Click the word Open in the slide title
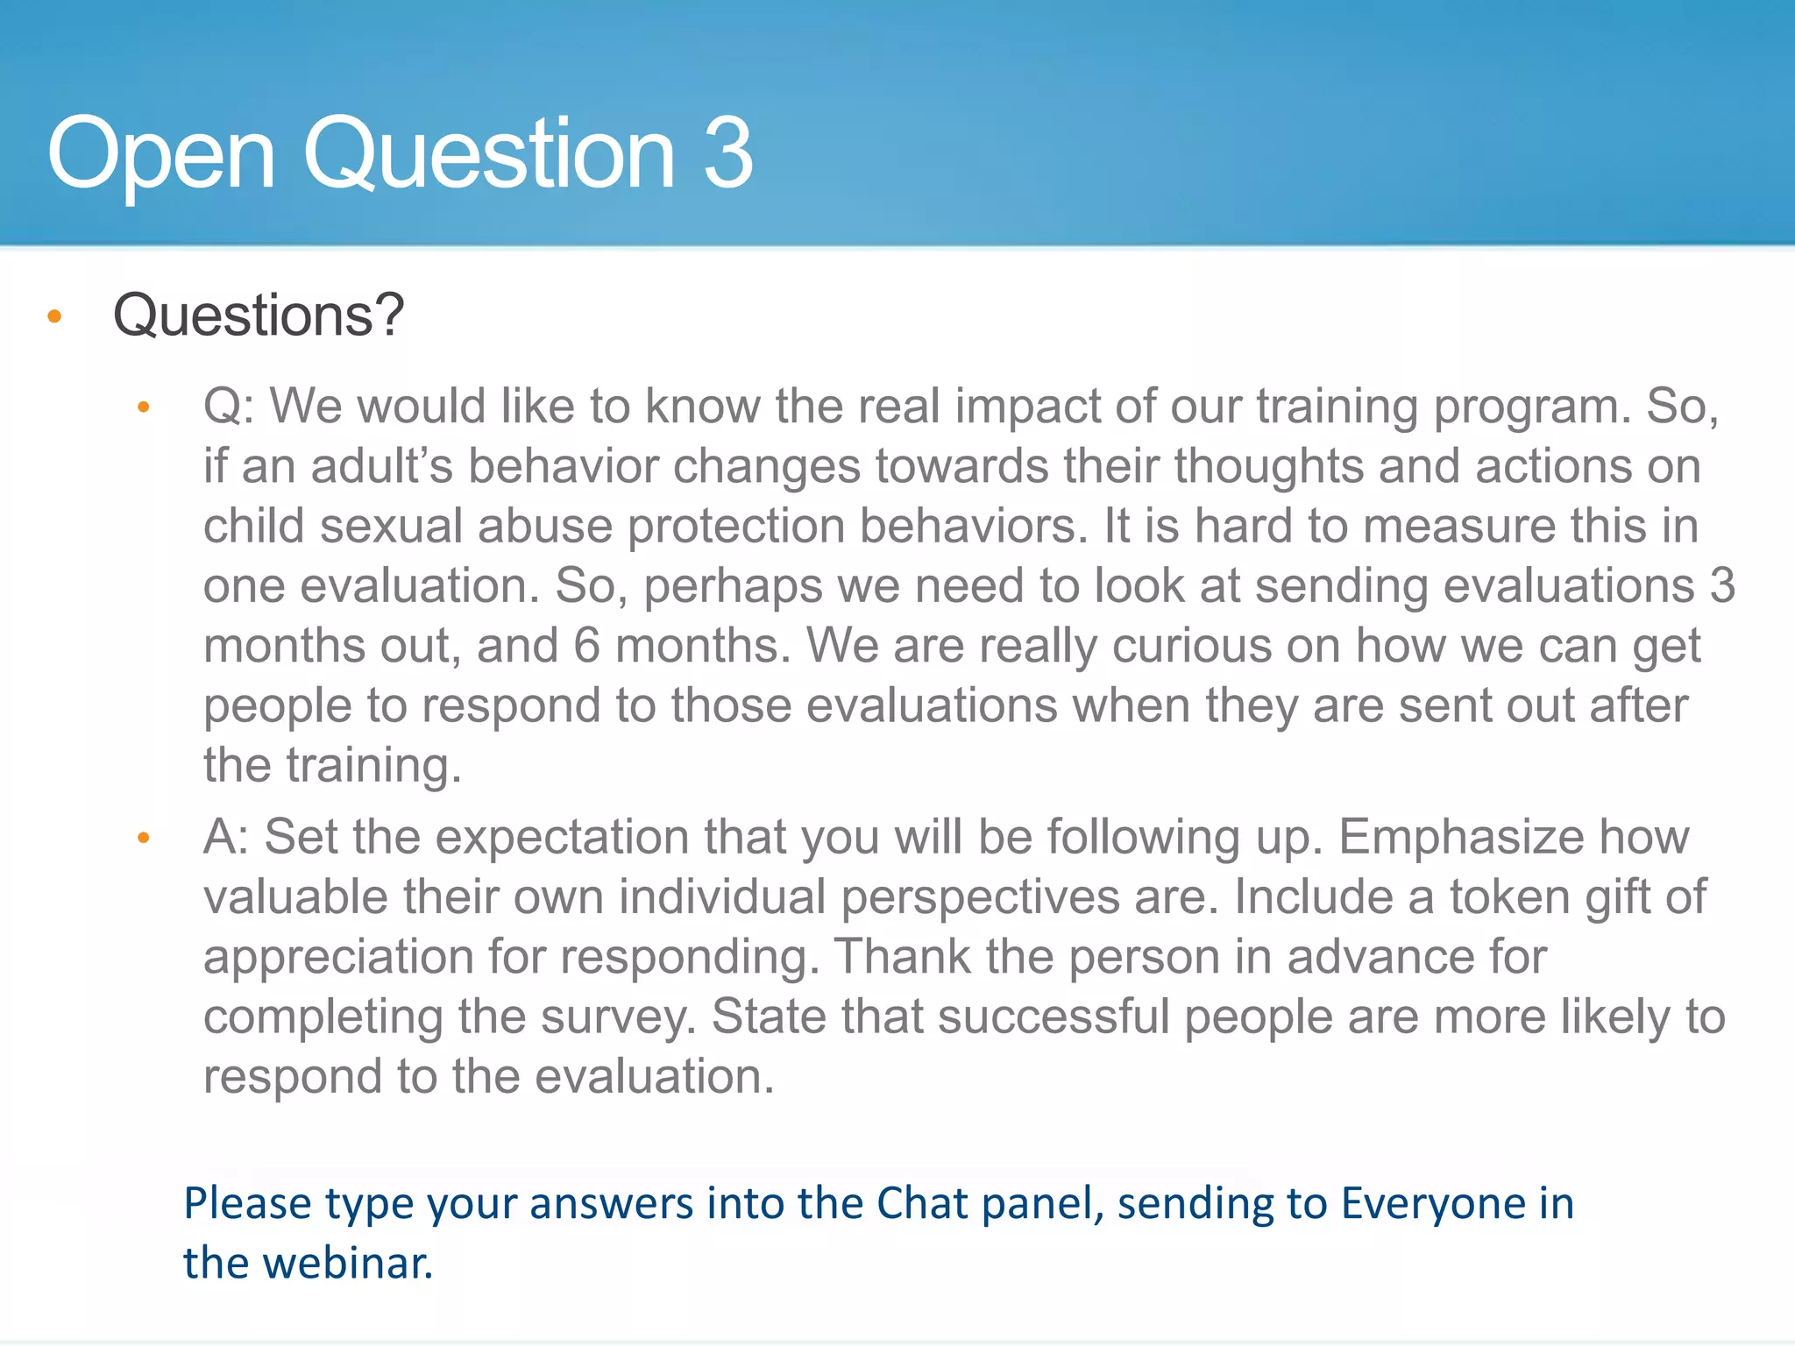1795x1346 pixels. [x=161, y=154]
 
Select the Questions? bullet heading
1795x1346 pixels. [x=259, y=315]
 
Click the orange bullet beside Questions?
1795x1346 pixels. [x=54, y=316]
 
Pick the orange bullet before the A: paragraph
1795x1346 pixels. [x=144, y=839]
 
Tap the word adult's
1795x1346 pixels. [x=381, y=466]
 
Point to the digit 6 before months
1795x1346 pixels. [x=586, y=646]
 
